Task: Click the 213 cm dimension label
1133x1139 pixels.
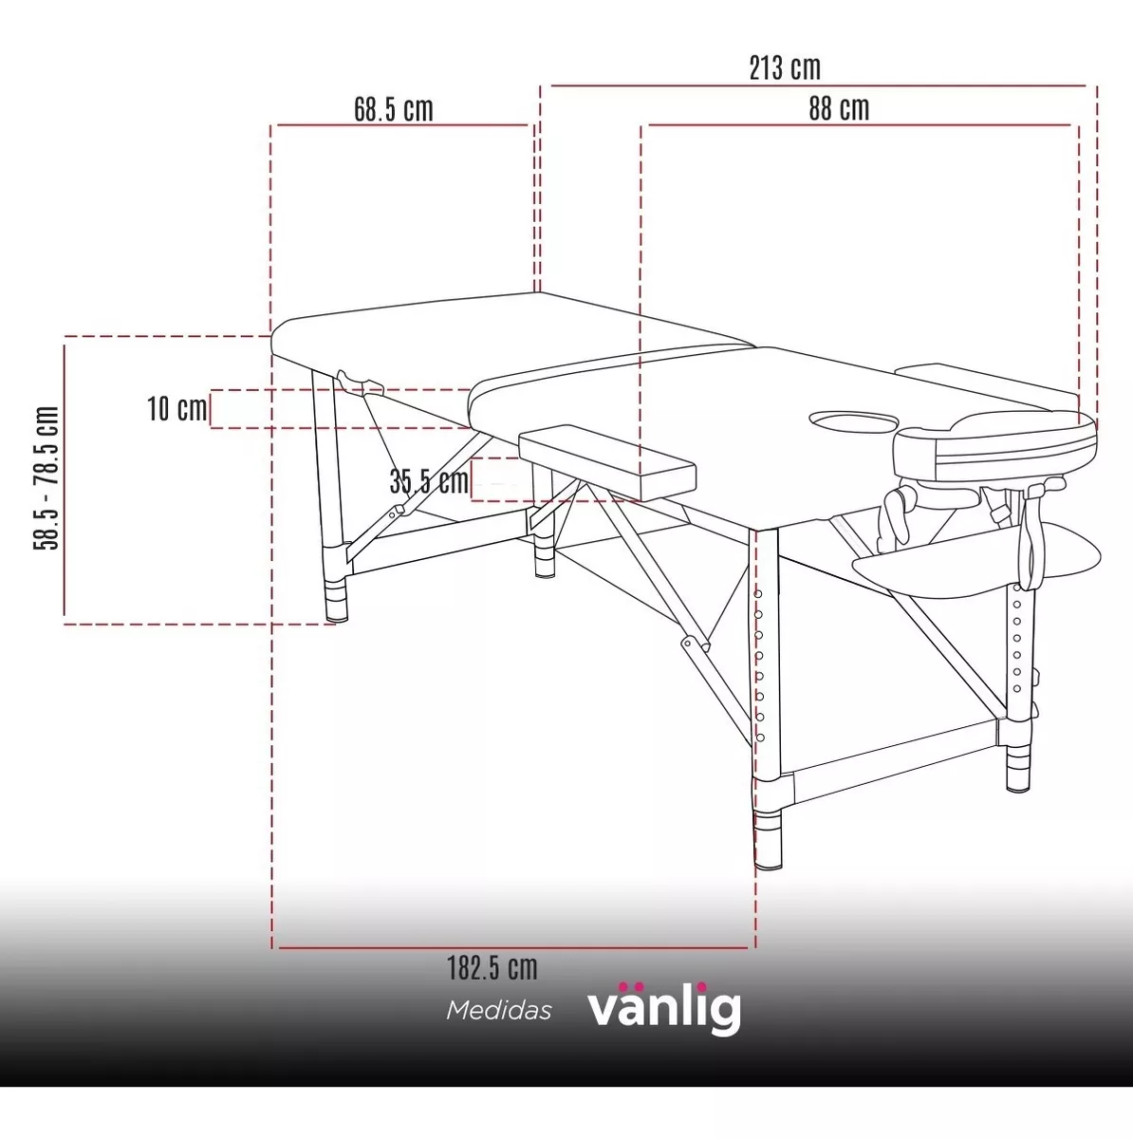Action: tap(785, 68)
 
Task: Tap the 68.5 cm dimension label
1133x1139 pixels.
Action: tap(394, 109)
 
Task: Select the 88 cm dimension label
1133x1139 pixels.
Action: tap(839, 109)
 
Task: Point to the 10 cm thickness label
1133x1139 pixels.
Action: tap(176, 408)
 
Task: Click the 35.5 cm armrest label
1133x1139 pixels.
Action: tap(429, 481)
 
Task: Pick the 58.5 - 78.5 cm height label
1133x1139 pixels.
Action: tap(46, 477)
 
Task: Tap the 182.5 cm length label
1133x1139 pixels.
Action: tap(492, 968)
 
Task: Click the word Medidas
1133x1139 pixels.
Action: tap(499, 1011)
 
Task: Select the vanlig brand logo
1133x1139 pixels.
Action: tap(663, 1008)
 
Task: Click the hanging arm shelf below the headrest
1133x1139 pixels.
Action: tap(976, 560)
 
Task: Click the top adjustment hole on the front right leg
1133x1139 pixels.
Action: tap(759, 594)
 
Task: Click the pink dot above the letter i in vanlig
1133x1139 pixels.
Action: tap(701, 986)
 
